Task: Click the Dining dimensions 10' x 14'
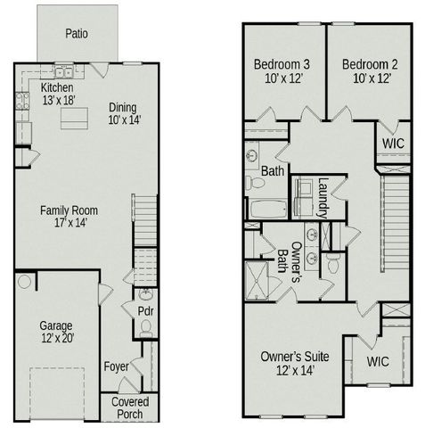point(124,119)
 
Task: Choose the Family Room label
point(69,210)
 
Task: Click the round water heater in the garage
point(25,282)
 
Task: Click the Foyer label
point(116,366)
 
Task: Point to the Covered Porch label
point(129,408)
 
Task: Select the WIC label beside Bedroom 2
point(394,143)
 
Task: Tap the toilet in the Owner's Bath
point(331,264)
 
